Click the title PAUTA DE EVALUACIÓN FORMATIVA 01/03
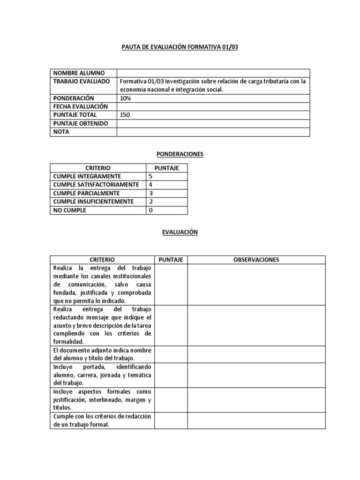[180, 47]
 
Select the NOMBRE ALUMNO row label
[79, 73]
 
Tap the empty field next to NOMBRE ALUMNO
[213, 73]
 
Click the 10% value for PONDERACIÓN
[126, 98]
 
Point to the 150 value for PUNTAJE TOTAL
[126, 115]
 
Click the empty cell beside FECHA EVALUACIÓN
[213, 106]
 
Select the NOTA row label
[61, 132]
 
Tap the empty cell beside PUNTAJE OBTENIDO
[213, 123]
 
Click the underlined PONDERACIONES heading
[180, 154]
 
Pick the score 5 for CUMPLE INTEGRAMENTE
[150, 176]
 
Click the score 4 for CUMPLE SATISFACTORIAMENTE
[150, 185]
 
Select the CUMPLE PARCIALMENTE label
[86, 193]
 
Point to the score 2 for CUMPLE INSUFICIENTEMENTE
[150, 202]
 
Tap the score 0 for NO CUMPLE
[150, 210]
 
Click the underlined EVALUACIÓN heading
[180, 232]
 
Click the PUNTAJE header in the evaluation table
[171, 260]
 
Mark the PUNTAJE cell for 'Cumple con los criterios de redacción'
[171, 420]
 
